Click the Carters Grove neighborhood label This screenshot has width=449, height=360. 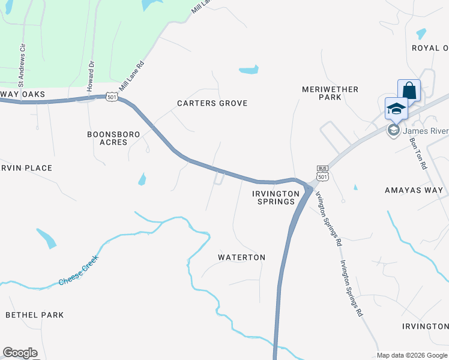[212, 103]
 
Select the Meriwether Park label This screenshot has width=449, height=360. [330, 93]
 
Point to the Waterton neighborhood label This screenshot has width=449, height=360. [241, 257]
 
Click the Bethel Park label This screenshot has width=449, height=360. [34, 314]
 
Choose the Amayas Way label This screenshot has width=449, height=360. [414, 190]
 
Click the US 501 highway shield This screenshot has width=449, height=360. [112, 96]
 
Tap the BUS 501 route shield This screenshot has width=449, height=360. [323, 173]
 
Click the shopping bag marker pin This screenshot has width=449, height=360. [409, 91]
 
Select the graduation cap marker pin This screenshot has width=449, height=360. [396, 109]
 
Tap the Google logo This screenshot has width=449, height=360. [20, 353]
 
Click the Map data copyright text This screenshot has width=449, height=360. [412, 355]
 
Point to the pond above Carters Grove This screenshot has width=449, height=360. [249, 70]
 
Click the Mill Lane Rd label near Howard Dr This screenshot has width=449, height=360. [132, 75]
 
